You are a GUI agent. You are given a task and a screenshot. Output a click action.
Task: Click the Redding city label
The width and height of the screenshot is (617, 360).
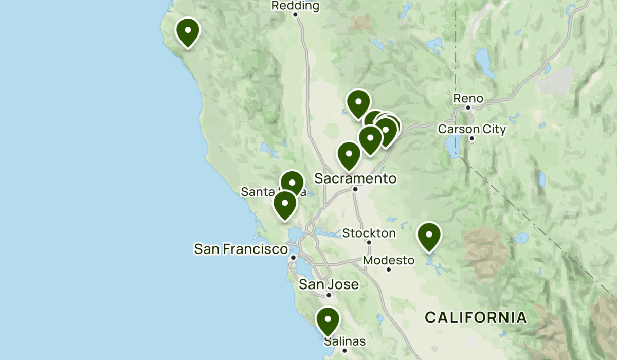pos(295,6)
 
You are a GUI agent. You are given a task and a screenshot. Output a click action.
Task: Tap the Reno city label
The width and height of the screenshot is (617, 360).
pos(468,98)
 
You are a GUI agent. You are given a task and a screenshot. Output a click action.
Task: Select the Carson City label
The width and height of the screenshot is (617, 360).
pos(472,129)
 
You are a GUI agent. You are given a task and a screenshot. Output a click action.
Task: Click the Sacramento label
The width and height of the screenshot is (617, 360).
pos(355,178)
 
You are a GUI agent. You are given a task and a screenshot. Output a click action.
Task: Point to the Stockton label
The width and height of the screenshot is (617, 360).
pos(369,233)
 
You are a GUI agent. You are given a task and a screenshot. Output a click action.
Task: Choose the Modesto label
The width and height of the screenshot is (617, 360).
pos(389,260)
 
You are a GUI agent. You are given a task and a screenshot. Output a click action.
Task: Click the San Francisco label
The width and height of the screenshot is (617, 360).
pos(241,249)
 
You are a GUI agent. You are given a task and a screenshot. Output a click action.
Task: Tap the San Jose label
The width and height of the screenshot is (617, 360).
pos(329,284)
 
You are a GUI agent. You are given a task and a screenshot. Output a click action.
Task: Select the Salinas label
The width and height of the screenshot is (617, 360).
pos(344,341)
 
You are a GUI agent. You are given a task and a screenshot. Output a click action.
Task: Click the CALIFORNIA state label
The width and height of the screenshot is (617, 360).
pos(476,317)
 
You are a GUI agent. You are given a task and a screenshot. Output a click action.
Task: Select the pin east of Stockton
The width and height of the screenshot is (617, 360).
pos(429,236)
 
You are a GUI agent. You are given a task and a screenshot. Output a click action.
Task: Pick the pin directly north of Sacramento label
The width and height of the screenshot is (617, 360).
pos(349,154)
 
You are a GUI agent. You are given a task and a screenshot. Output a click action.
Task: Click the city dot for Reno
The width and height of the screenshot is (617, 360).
pos(468,108)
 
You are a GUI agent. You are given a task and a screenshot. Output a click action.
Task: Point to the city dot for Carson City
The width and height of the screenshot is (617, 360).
pos(472,138)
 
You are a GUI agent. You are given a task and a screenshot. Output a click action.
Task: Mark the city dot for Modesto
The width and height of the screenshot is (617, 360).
pos(389,269)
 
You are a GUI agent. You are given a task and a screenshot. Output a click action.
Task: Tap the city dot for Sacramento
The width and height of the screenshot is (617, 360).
pos(355,189)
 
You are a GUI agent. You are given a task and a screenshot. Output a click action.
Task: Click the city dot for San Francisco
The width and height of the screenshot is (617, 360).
pos(293,257)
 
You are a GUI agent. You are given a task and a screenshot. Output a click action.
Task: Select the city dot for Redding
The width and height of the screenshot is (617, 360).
pos(296,14)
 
